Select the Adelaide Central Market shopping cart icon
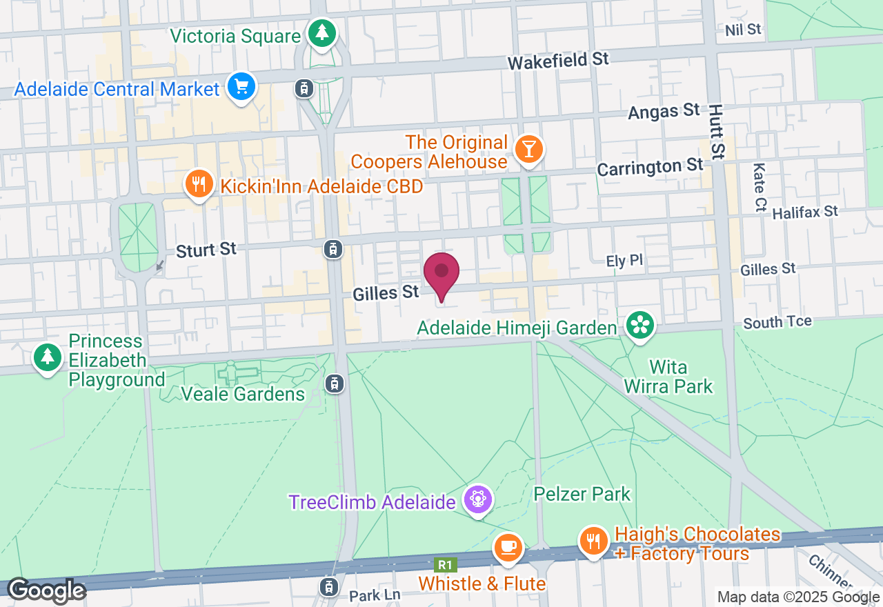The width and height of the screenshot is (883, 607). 241,88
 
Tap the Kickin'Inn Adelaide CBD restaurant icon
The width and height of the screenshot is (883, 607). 199,184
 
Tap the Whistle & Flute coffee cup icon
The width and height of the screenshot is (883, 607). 508,548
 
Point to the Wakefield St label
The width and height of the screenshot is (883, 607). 558,61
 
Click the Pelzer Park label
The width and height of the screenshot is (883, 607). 582,494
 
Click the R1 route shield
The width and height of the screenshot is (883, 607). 444,564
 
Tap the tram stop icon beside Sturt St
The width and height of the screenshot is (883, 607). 333,249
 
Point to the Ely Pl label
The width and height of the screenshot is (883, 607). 624,261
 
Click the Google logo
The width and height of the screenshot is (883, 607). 46,590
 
